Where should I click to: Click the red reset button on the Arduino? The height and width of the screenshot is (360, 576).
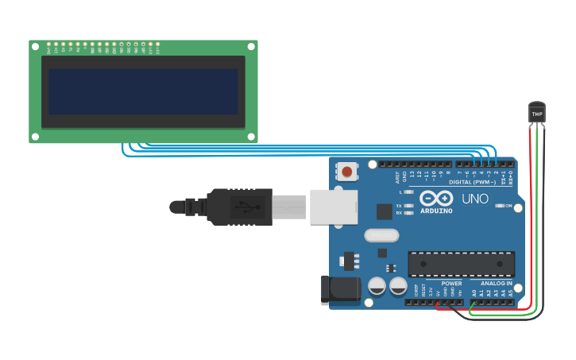point(347,171)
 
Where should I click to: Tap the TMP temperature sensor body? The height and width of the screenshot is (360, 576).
point(537,113)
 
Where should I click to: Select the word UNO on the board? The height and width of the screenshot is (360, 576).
point(475,199)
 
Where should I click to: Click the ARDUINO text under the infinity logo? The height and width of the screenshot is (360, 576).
point(436,211)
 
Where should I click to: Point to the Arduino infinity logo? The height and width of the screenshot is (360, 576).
point(436,198)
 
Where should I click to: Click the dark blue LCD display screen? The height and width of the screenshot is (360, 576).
point(143,91)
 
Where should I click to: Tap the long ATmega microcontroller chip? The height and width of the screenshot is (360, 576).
point(461,264)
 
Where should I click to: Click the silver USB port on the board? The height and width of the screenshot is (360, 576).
point(334,207)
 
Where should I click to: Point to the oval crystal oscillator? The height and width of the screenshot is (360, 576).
point(381,235)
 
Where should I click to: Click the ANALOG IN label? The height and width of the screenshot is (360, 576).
point(497,284)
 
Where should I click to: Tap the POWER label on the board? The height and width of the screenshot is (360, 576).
point(451,284)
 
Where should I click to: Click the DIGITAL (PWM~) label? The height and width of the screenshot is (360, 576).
point(472,182)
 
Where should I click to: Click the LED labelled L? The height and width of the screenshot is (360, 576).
point(408,192)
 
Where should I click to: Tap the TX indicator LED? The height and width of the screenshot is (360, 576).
point(408,206)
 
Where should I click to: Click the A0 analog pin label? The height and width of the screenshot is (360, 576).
point(474,292)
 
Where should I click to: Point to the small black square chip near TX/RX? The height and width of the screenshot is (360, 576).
point(385,211)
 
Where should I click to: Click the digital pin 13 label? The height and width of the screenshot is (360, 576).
point(412,173)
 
